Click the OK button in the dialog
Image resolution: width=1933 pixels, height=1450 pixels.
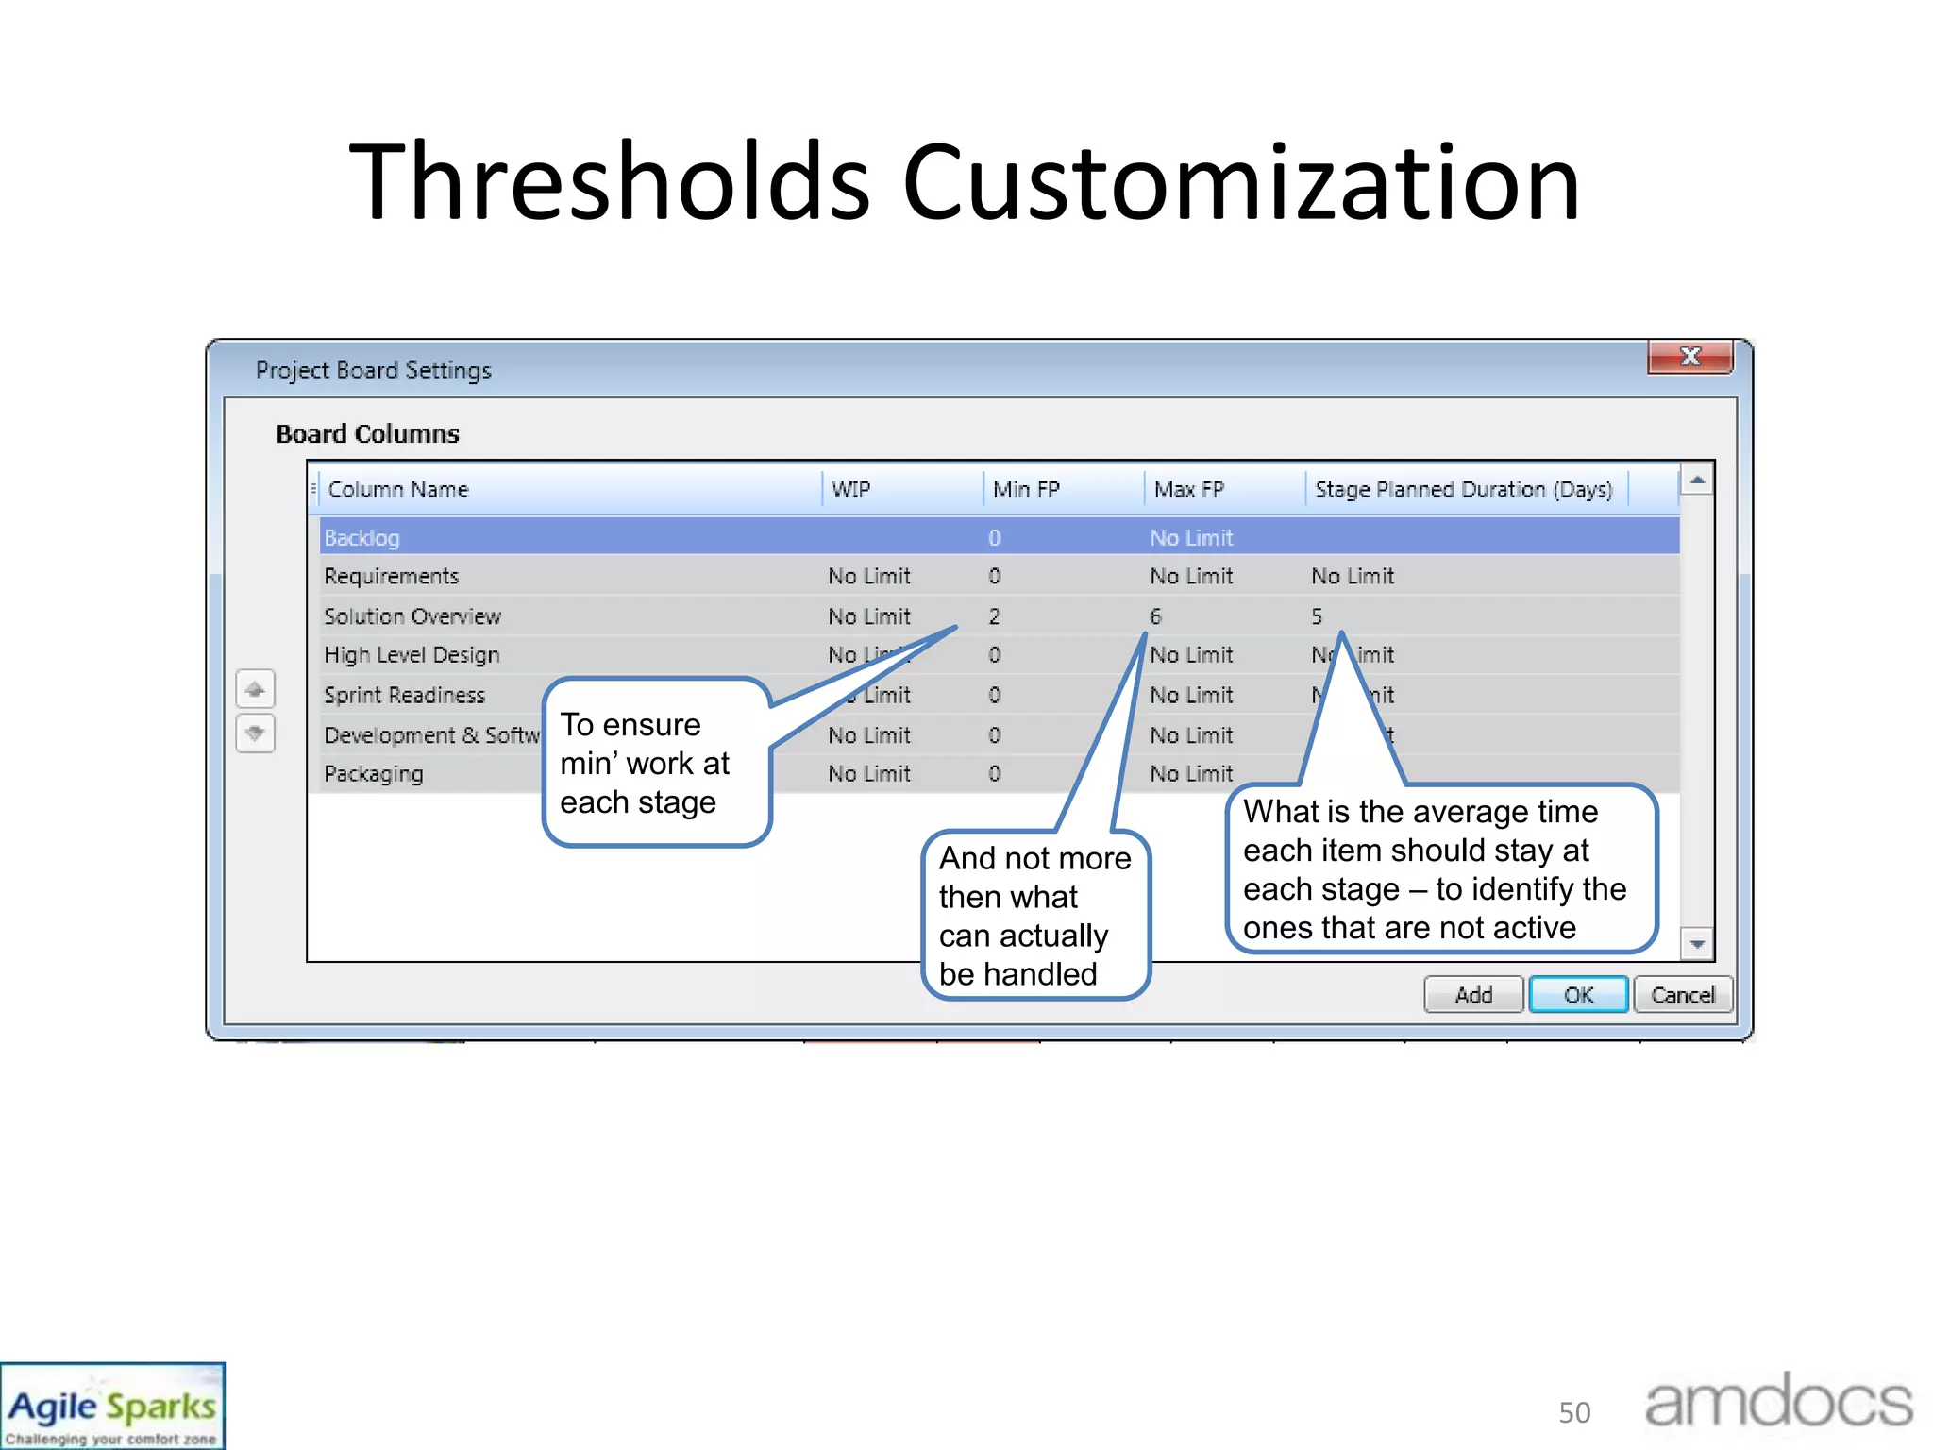coord(1578,995)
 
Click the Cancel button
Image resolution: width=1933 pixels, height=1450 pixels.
coord(1683,995)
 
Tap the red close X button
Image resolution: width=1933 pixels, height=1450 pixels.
coord(1690,357)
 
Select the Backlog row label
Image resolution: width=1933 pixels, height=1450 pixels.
coord(361,538)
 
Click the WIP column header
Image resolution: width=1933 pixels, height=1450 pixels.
coord(851,489)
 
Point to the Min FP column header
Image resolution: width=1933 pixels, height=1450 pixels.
coord(1026,489)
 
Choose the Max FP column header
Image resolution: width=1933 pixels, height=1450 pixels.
coord(1188,489)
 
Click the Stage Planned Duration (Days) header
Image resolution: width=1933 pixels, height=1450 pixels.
coord(1463,489)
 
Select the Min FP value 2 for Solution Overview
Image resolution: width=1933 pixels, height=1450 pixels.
coord(994,616)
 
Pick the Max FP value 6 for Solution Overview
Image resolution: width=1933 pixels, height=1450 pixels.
coord(1155,616)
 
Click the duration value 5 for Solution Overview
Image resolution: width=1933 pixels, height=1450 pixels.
coord(1317,616)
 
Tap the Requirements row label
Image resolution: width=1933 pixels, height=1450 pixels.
coord(391,577)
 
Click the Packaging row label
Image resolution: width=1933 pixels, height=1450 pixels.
coord(374,774)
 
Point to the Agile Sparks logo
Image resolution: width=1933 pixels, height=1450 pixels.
coord(112,1407)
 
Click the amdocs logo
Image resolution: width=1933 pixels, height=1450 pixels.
coord(1778,1403)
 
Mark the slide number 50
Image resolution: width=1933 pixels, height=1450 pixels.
coord(1574,1412)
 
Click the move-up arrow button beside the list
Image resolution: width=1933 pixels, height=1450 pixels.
coord(255,689)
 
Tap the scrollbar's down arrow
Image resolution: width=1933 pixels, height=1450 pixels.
coord(1697,943)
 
